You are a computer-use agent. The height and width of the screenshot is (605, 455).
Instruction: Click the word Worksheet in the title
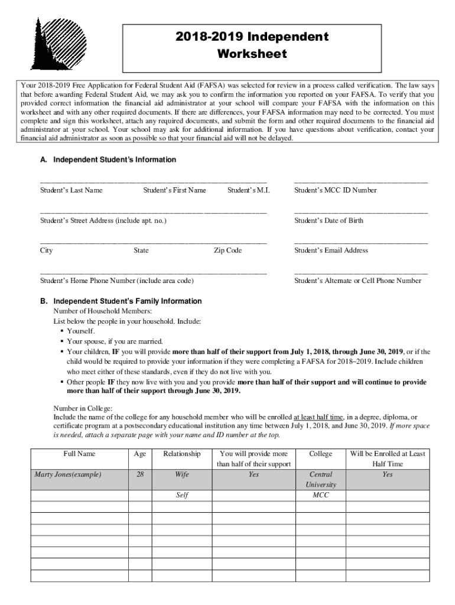point(252,54)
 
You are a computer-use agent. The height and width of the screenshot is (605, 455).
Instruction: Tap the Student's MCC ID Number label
point(335,190)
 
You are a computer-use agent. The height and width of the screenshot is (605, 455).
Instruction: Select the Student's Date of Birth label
point(329,220)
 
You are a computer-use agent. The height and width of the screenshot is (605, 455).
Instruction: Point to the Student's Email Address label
point(331,251)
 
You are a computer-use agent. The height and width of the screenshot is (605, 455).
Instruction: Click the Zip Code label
point(227,251)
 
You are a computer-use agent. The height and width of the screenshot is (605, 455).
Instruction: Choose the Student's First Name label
point(174,190)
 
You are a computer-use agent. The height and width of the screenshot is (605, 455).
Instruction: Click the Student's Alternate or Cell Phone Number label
point(357,281)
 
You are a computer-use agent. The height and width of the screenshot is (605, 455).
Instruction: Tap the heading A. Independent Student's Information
point(108,160)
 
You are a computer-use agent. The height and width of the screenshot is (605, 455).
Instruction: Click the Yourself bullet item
point(81,331)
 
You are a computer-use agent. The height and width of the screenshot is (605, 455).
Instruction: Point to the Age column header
point(140,454)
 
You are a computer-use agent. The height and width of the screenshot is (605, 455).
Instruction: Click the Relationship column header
point(182,454)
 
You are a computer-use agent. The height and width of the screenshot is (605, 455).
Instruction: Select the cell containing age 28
point(140,474)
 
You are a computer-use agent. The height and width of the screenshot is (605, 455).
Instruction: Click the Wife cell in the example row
point(182,474)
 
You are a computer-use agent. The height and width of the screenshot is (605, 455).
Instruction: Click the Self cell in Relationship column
point(182,495)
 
